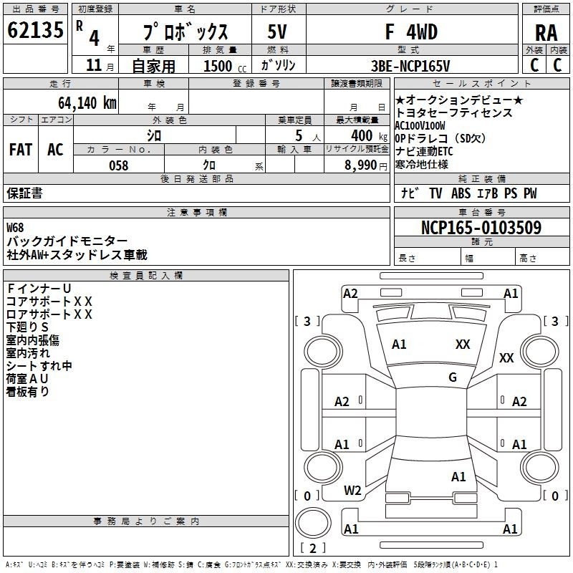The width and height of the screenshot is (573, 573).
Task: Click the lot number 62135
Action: pyautogui.click(x=35, y=30)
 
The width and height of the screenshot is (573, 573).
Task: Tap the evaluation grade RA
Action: pyautogui.click(x=546, y=33)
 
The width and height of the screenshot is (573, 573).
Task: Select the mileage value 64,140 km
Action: pyautogui.click(x=87, y=103)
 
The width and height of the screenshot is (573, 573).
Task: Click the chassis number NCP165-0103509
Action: pyautogui.click(x=481, y=227)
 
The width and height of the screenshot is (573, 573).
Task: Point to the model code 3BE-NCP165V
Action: pyautogui.click(x=410, y=66)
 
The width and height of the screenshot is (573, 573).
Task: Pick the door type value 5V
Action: pyautogui.click(x=277, y=32)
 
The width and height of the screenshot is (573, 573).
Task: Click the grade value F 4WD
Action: pyautogui.click(x=411, y=32)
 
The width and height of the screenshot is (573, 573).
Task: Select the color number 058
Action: pyautogui.click(x=119, y=165)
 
